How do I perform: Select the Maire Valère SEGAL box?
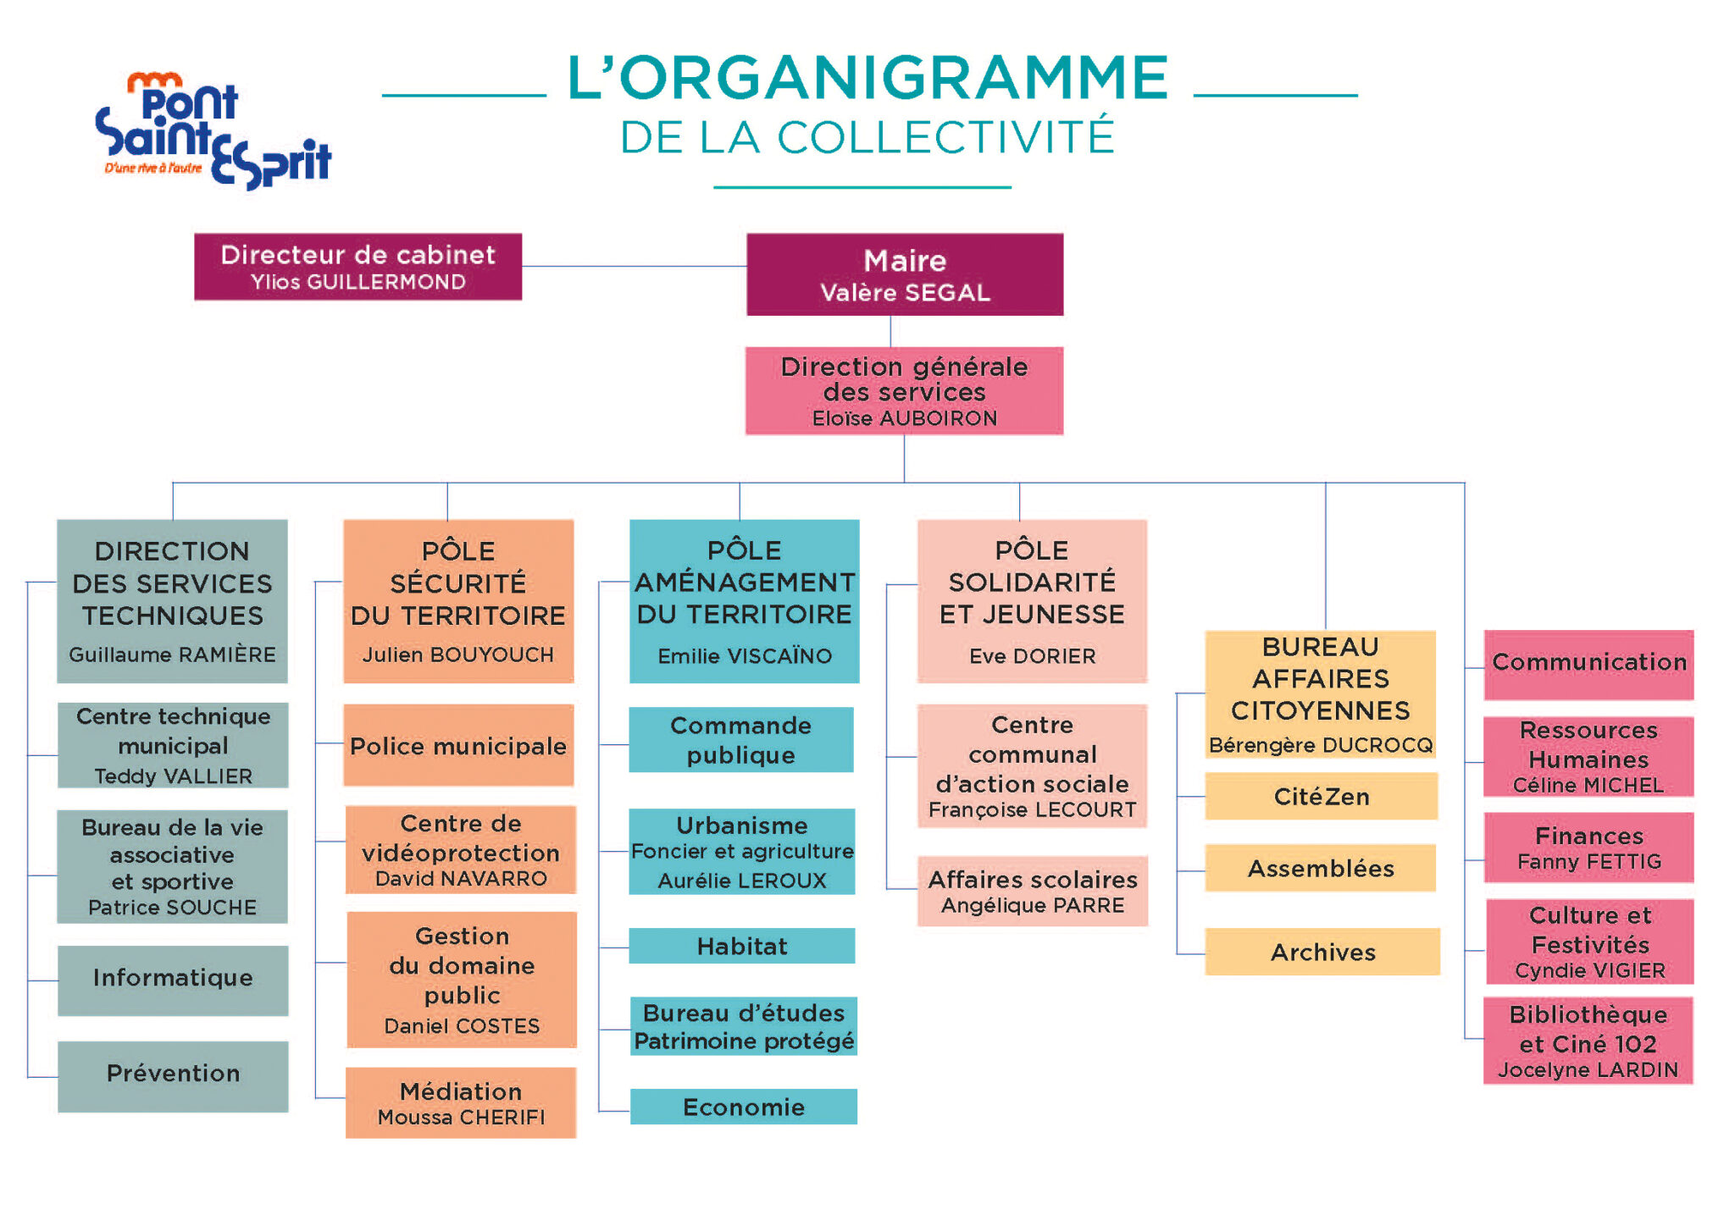click(904, 274)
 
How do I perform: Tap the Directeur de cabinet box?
click(358, 267)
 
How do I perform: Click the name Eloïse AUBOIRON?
click(904, 418)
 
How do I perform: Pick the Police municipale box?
click(458, 746)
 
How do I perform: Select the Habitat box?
click(741, 946)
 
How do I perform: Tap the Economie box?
click(743, 1107)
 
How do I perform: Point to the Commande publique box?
click(740, 740)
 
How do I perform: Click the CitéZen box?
click(1321, 796)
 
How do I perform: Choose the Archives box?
click(1322, 952)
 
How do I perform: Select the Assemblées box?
click(1320, 868)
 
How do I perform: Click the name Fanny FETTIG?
click(1588, 862)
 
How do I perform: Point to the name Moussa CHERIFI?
click(461, 1118)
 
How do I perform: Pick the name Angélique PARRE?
click(1032, 906)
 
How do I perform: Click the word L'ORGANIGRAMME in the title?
click(868, 78)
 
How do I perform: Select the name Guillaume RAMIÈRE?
click(172, 654)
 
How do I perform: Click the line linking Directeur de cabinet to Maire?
click(634, 267)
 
